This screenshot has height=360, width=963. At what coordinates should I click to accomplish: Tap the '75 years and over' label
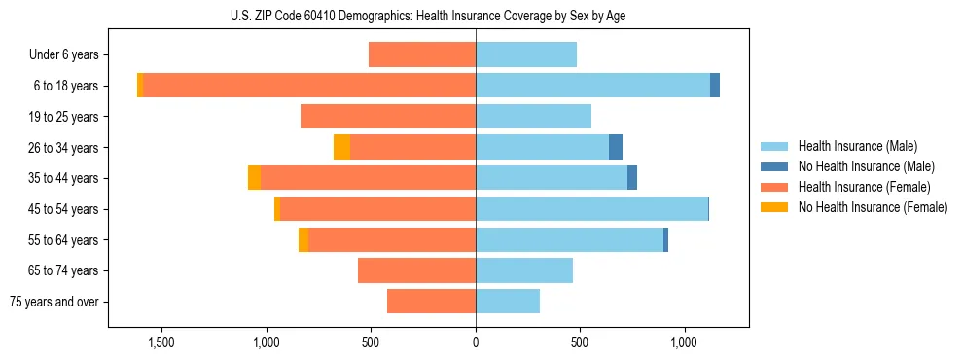point(54,303)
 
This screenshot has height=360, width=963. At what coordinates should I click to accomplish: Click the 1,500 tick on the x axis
point(160,342)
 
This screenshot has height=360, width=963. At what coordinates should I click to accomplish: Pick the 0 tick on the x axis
point(476,342)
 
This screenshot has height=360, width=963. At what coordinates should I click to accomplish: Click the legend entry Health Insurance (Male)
point(858,147)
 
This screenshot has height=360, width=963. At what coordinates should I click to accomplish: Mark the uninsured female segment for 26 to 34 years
point(341,147)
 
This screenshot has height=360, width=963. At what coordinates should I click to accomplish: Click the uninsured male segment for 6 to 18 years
point(715,86)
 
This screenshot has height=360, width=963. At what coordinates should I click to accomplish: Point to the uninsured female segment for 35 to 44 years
point(254,178)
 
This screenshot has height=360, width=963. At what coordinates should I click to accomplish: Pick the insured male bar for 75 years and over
point(508,302)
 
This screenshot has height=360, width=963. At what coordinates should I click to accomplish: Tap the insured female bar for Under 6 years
point(422,54)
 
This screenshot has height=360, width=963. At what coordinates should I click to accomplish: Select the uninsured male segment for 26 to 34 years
point(616,147)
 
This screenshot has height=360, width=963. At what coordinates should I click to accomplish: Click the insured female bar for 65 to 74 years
point(416,270)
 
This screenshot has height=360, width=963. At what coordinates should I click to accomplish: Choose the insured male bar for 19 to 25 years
point(533,117)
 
